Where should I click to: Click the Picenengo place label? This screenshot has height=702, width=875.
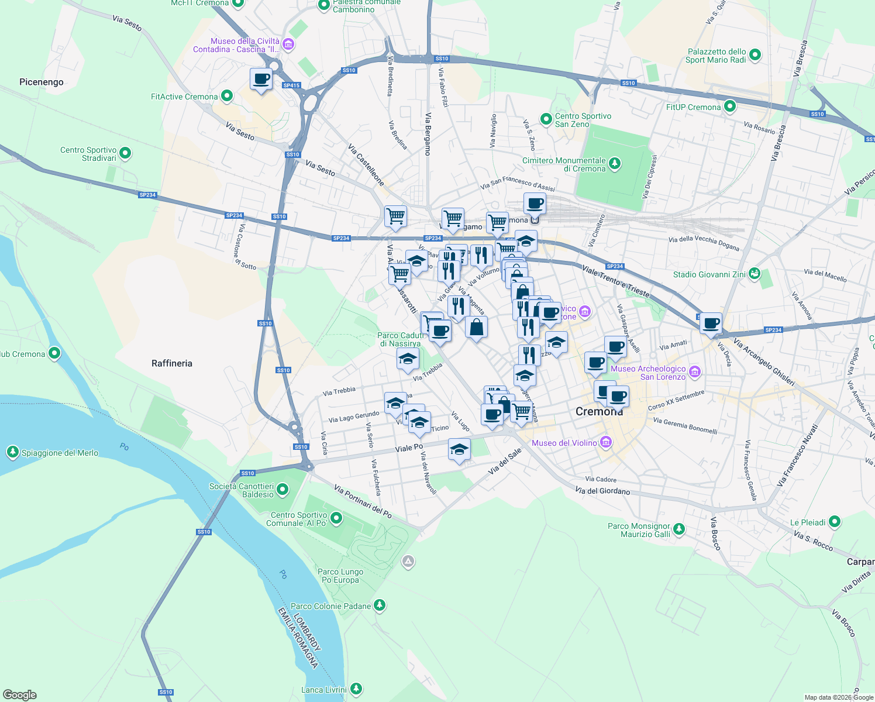click(41, 82)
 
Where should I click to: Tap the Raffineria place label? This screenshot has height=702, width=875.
click(171, 363)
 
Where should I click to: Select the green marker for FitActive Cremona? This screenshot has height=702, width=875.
click(227, 96)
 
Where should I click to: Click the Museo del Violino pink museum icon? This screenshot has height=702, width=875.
click(606, 442)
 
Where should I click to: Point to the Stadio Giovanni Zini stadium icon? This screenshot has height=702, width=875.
click(755, 274)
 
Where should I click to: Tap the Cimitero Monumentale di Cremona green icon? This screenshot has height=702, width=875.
click(614, 163)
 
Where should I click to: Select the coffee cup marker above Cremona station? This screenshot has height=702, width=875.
click(534, 204)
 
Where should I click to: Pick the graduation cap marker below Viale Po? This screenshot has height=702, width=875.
click(459, 450)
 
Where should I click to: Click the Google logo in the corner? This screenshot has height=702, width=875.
click(19, 694)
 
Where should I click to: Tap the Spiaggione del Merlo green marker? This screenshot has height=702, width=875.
click(12, 452)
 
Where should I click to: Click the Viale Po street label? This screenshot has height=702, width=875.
click(409, 448)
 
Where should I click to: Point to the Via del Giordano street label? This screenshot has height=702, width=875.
click(602, 491)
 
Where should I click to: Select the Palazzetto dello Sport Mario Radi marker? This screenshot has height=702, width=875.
click(755, 55)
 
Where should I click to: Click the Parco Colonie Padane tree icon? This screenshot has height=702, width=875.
click(380, 605)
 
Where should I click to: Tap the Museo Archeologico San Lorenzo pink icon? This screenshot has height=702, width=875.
click(694, 371)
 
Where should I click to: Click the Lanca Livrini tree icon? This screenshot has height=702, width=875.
click(355, 689)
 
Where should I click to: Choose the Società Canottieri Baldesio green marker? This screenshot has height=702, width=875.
click(283, 489)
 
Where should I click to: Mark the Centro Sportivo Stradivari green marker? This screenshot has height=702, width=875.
click(125, 153)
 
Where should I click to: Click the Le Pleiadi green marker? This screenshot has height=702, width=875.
click(835, 521)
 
